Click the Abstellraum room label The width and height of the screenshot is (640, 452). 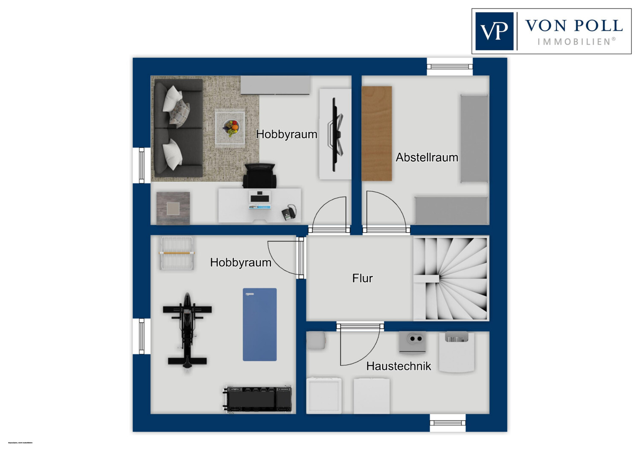(427, 157)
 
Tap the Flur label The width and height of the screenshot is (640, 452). (362, 278)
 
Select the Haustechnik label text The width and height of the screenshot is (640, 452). (399, 366)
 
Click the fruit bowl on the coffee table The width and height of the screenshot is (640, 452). (231, 127)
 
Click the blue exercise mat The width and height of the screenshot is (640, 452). (259, 325)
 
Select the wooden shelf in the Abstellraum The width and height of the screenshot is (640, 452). (377, 133)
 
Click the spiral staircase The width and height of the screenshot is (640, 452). (451, 278)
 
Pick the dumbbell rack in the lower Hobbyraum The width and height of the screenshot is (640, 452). (259, 399)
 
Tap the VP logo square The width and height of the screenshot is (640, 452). (494, 31)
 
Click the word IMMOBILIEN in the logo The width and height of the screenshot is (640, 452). (576, 42)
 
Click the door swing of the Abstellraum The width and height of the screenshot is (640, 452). (384, 210)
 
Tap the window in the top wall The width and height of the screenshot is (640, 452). (450, 67)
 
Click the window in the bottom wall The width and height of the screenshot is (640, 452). (447, 423)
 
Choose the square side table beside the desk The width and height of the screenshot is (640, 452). (173, 208)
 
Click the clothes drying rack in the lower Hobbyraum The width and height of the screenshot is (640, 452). (177, 253)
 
